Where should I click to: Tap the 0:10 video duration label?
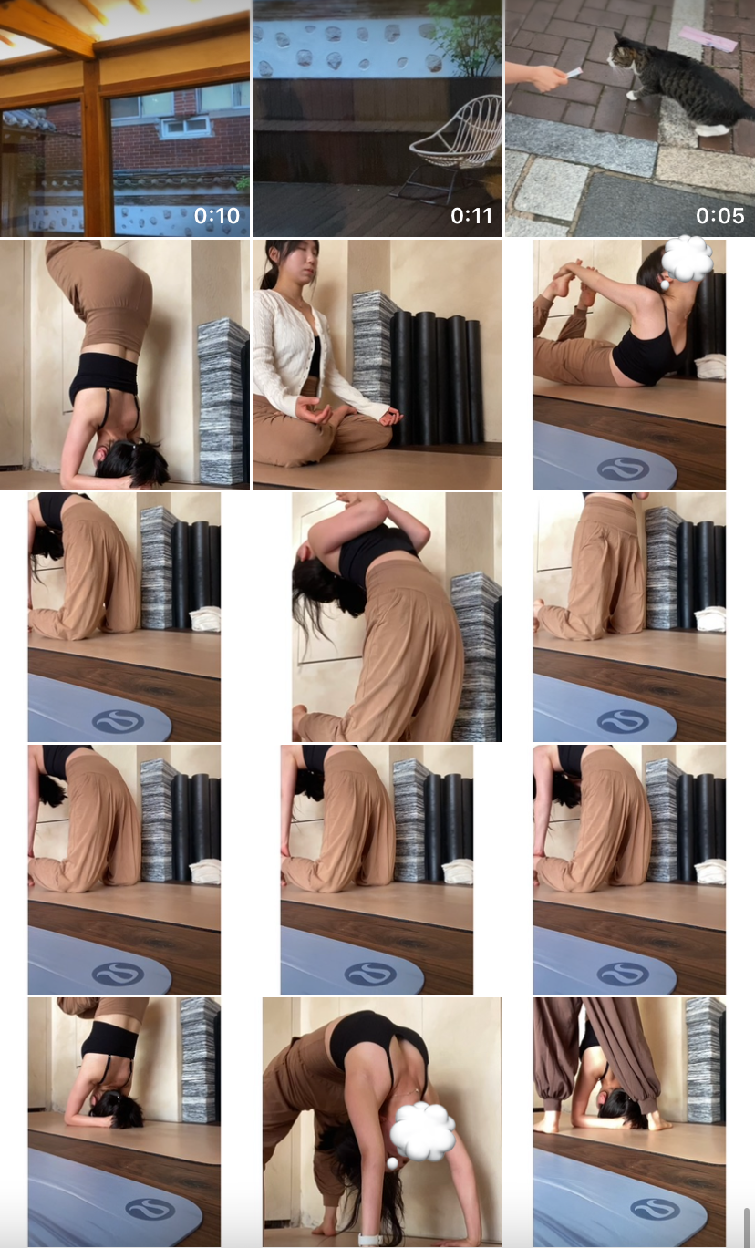click(x=217, y=216)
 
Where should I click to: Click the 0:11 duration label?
click(x=471, y=216)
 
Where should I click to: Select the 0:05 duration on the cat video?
click(x=720, y=216)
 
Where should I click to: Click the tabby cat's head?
click(x=623, y=57)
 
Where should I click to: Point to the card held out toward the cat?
click(x=574, y=73)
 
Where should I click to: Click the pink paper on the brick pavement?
click(x=708, y=38)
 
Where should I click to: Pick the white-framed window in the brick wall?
click(x=184, y=127)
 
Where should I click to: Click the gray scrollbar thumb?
click(x=747, y=1227)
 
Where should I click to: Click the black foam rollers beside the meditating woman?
click(x=437, y=379)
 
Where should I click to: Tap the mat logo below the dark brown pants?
click(x=656, y=1208)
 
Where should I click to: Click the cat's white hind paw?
click(x=711, y=130)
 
